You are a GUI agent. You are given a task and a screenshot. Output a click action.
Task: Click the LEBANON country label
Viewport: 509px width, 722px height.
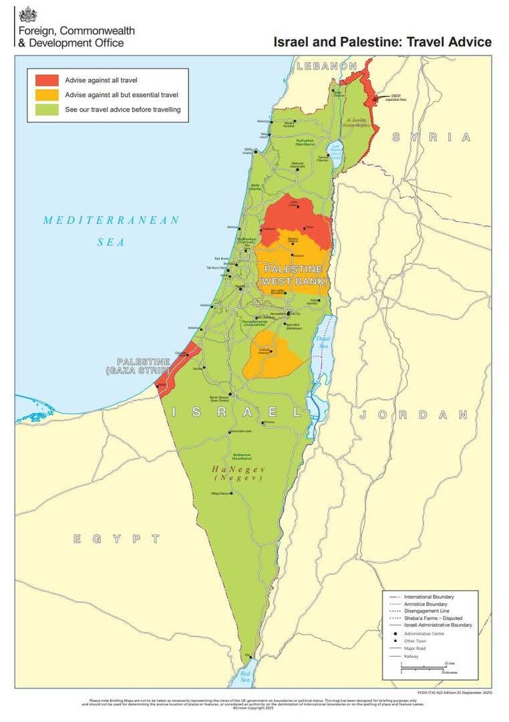(327, 66)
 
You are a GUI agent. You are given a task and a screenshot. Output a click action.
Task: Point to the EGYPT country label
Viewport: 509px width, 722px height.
(117, 538)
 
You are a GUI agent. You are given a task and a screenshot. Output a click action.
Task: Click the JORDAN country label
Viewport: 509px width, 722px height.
(413, 414)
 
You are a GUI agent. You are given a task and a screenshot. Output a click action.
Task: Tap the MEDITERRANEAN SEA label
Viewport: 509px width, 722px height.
(111, 230)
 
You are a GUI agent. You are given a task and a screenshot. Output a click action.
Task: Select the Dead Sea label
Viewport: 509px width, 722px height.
(323, 342)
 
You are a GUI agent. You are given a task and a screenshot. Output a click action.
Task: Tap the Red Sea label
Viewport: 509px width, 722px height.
(245, 676)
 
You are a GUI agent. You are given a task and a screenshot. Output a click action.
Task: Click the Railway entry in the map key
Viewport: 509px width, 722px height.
(413, 656)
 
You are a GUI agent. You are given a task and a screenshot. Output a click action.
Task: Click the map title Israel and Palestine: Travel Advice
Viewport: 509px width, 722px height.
(382, 42)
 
